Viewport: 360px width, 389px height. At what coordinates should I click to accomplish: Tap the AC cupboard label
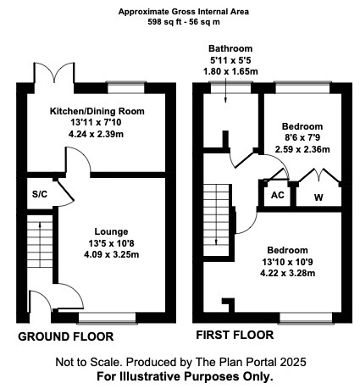point(277,194)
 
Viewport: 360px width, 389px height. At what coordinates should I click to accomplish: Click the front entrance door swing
point(40,303)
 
